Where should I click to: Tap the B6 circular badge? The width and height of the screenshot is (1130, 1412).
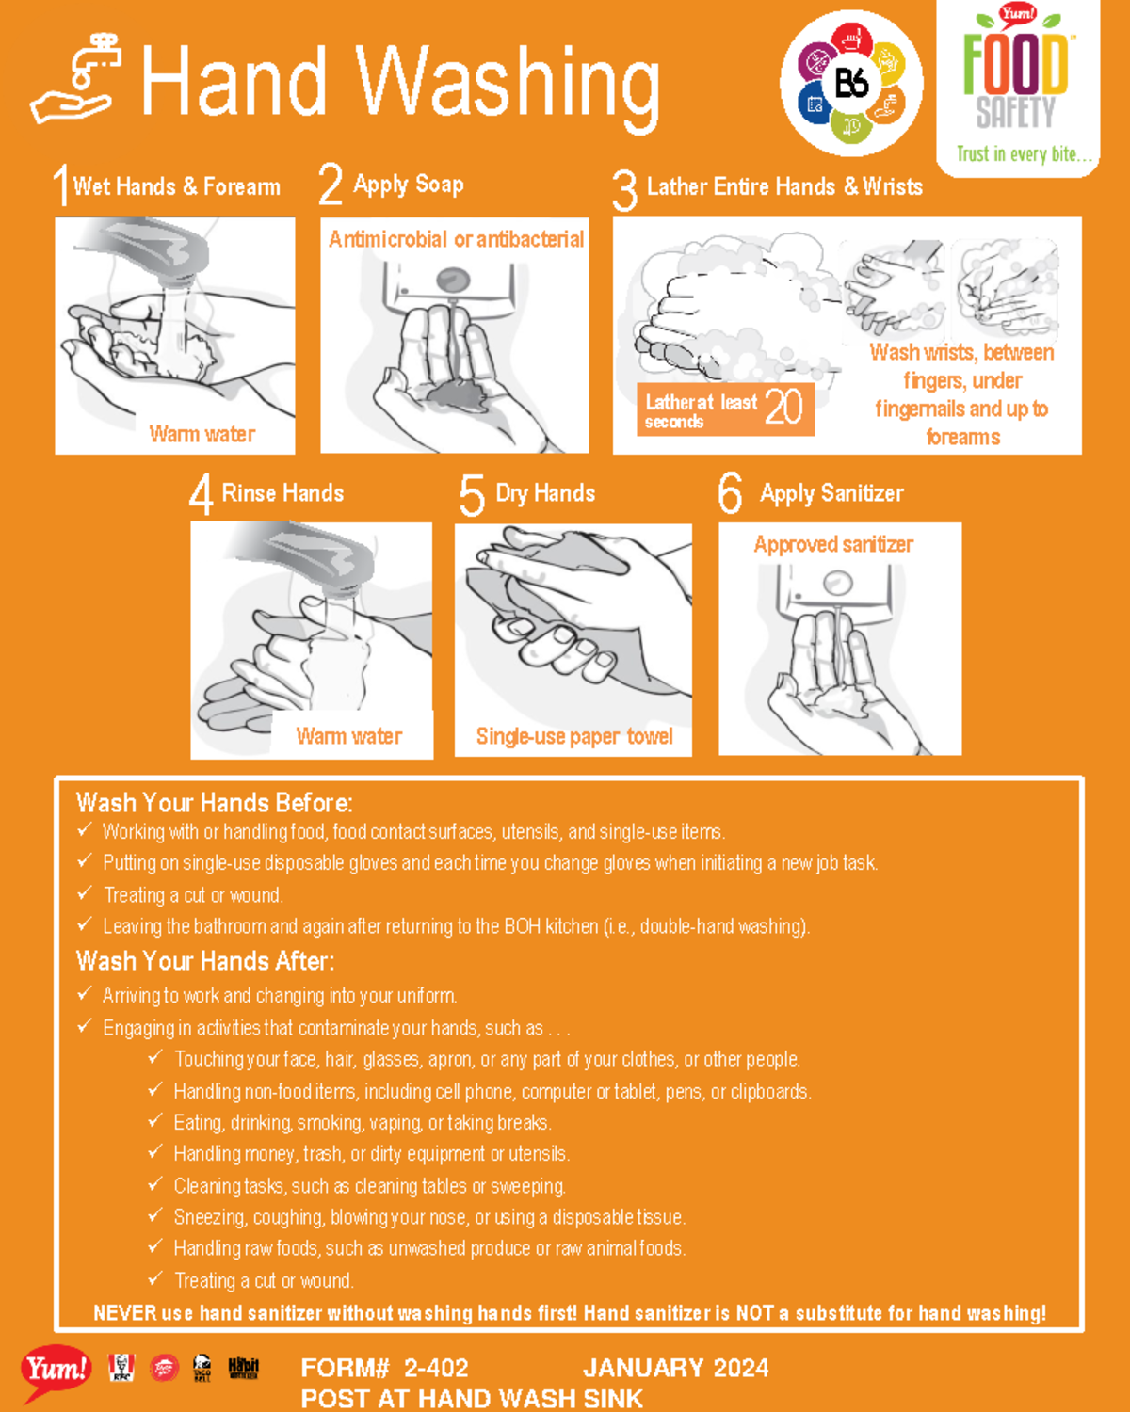[851, 84]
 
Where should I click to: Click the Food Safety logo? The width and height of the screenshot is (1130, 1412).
[1017, 85]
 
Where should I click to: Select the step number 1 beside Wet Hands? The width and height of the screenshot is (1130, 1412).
[60, 185]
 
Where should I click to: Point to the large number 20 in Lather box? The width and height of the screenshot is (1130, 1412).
[783, 408]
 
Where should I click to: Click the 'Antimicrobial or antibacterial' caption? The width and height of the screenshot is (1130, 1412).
[456, 240]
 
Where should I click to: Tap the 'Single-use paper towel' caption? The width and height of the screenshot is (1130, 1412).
[574, 736]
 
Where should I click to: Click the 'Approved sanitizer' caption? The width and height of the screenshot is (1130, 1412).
[833, 544]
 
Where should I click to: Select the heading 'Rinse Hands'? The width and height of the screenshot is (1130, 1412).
[282, 493]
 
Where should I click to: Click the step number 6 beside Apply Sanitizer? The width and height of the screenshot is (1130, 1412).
[730, 494]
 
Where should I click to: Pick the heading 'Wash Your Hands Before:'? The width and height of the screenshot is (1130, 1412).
[215, 803]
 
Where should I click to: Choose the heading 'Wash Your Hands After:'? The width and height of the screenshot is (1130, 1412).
[205, 961]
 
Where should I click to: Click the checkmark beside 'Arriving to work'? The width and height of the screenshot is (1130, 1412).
[85, 994]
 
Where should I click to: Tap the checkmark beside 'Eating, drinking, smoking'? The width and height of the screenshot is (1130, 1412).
[155, 1121]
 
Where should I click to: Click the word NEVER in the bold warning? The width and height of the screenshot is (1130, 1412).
[122, 1313]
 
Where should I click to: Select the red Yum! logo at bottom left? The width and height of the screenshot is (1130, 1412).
[56, 1370]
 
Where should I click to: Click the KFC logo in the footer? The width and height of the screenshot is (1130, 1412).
[121, 1368]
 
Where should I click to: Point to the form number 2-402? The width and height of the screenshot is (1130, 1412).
[436, 1368]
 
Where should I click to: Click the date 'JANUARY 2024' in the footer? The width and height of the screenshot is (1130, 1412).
[675, 1368]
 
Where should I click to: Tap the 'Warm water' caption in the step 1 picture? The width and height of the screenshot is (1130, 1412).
[202, 434]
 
